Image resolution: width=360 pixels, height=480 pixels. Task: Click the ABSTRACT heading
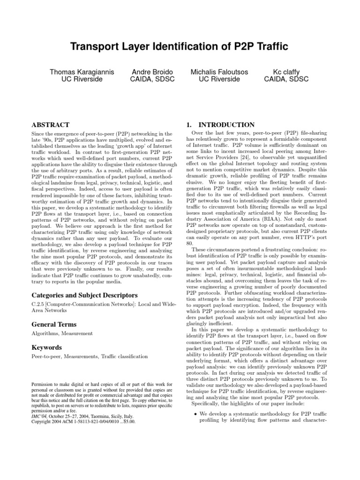[x=50, y=125]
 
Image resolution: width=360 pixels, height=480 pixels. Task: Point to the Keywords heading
[x=47, y=348]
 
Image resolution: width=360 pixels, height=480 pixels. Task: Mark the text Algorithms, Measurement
[x=62, y=333]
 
